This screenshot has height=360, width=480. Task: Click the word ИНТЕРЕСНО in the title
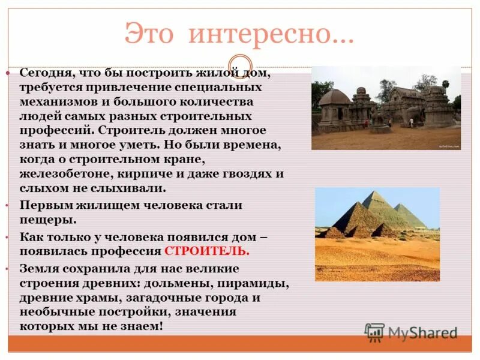(x=269, y=35)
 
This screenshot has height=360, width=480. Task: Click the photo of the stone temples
(x=386, y=108)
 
